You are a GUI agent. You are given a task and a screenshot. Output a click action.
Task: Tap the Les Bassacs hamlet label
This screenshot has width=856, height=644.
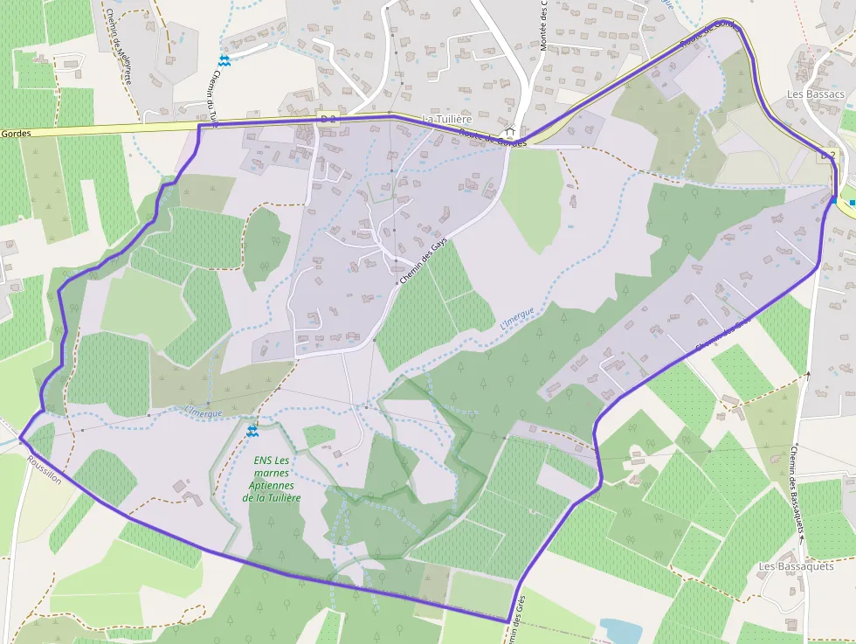[x=815, y=93]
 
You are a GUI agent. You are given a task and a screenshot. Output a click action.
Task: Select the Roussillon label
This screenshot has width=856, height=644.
[x=44, y=472]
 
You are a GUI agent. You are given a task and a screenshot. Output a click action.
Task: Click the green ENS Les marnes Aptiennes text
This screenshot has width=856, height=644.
[x=271, y=479]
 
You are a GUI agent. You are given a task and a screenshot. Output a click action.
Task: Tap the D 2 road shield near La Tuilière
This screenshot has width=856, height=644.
[x=328, y=117]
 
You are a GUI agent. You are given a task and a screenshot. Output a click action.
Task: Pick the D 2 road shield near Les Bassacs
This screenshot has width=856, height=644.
[x=829, y=156]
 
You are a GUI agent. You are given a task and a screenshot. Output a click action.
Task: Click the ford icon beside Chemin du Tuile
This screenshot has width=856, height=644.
[x=224, y=59]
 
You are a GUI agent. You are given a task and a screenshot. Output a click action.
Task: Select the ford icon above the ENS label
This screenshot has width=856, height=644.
[x=252, y=431]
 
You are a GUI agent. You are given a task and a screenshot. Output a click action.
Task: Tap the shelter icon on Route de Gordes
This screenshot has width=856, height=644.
[x=509, y=132]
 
